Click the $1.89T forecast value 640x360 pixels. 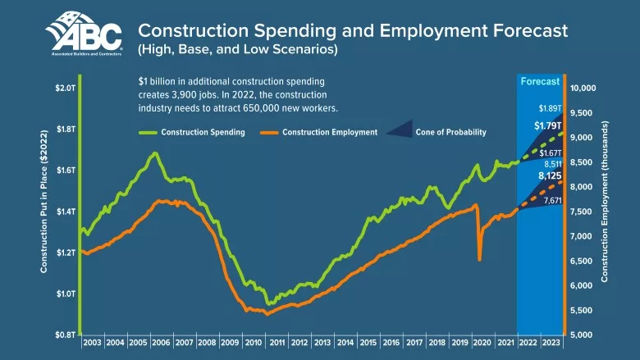tap(550, 108)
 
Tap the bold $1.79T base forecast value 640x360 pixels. tap(548, 125)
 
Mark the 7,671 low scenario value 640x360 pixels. tap(552, 200)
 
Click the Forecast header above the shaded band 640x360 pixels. tap(540, 81)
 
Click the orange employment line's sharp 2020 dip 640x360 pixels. tap(479, 259)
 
